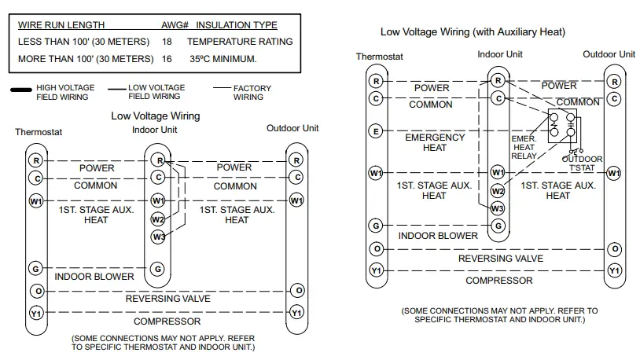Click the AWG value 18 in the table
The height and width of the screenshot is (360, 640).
pyautogui.click(x=167, y=42)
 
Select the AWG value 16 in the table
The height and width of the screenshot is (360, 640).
pyautogui.click(x=167, y=59)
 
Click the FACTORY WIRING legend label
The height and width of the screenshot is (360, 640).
pyautogui.click(x=252, y=92)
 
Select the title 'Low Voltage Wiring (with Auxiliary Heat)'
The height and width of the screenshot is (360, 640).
pyautogui.click(x=473, y=32)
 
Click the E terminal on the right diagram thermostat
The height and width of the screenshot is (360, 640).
pyautogui.click(x=376, y=131)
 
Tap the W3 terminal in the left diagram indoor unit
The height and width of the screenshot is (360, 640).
pyautogui.click(x=158, y=237)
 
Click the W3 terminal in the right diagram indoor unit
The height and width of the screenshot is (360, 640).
pyautogui.click(x=497, y=208)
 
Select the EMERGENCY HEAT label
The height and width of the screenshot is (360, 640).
pyautogui.click(x=435, y=142)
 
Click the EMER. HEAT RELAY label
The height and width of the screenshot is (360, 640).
pyautogui.click(x=524, y=147)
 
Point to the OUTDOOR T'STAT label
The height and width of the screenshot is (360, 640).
pyautogui.click(x=582, y=163)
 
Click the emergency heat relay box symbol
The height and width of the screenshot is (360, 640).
pyautogui.click(x=564, y=126)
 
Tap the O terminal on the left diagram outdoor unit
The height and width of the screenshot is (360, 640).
pyautogui.click(x=296, y=290)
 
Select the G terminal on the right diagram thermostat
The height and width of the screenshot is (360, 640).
pyautogui.click(x=376, y=226)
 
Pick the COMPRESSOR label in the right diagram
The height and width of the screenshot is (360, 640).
pyautogui.click(x=498, y=281)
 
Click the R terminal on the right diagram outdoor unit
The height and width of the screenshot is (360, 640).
pyautogui.click(x=614, y=81)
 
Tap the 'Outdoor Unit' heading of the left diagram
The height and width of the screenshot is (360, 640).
pyautogui.click(x=292, y=128)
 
